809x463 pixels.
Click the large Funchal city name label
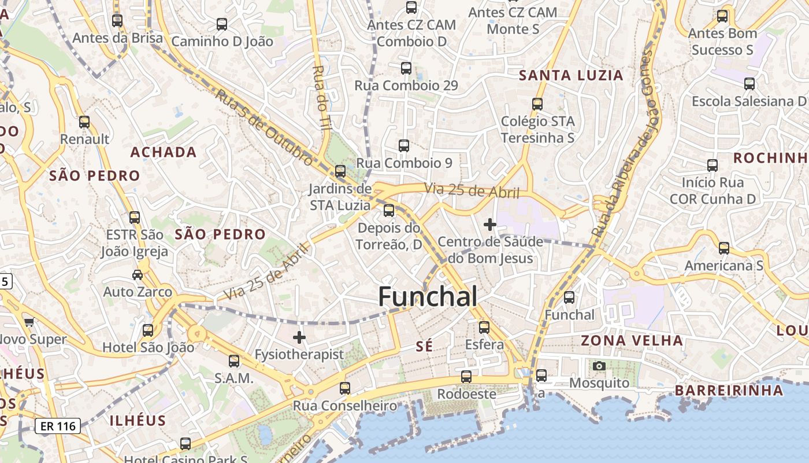pyautogui.click(x=428, y=296)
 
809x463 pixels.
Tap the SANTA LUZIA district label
pyautogui.click(x=571, y=75)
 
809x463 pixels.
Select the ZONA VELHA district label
pyautogui.click(x=632, y=340)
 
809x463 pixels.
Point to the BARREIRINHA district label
pyautogui.click(x=729, y=390)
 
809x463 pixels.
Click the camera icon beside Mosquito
pyautogui.click(x=599, y=366)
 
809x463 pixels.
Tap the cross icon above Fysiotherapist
pyautogui.click(x=299, y=337)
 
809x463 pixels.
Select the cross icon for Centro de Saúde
pyautogui.click(x=490, y=224)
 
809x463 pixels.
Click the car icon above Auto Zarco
pyautogui.click(x=138, y=274)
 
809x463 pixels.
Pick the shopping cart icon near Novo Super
pyautogui.click(x=29, y=322)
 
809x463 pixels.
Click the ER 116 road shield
pyautogui.click(x=57, y=427)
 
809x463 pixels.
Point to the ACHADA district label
pyautogui.click(x=164, y=152)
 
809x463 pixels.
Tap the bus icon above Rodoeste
pyautogui.click(x=466, y=377)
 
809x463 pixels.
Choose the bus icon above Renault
pyautogui.click(x=84, y=122)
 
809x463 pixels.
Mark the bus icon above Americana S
pyautogui.click(x=723, y=248)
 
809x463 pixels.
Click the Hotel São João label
pyautogui.click(x=149, y=347)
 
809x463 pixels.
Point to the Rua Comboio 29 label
pyautogui.click(x=406, y=86)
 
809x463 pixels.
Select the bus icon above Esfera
pyautogui.click(x=484, y=328)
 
